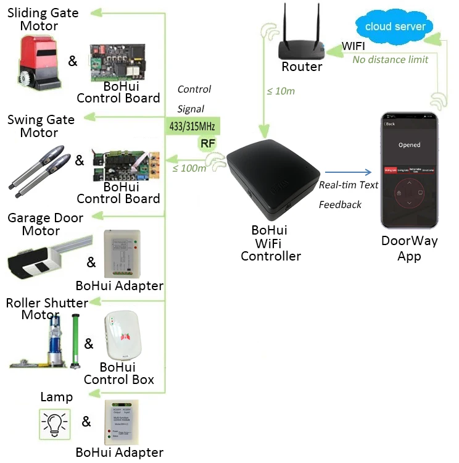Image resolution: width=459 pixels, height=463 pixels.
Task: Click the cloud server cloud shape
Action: (x=394, y=26)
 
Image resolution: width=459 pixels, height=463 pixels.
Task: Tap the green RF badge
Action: (x=207, y=144)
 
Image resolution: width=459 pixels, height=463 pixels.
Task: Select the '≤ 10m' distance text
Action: (x=280, y=91)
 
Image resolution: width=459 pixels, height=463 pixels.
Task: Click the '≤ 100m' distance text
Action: (x=189, y=168)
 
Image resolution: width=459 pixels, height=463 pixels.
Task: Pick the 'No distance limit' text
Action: (x=390, y=60)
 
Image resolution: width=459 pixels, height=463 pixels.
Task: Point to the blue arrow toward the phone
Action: (x=349, y=173)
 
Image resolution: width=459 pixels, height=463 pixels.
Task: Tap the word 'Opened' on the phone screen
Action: (x=409, y=145)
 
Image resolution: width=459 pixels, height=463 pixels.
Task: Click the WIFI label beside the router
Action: (x=354, y=46)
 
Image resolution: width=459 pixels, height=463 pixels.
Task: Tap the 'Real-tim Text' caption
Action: (x=349, y=185)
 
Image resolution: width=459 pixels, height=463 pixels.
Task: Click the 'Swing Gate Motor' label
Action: (x=41, y=126)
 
